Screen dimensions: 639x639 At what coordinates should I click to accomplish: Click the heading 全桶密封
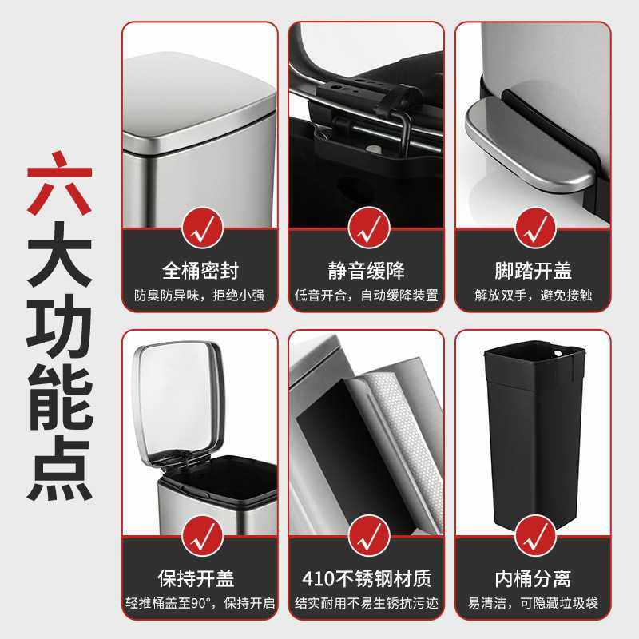[x=200, y=270]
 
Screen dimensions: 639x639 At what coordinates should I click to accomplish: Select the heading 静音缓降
[x=367, y=270]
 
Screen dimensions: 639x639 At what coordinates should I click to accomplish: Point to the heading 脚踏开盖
[x=533, y=270]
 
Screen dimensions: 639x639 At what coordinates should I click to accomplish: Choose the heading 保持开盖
[x=200, y=577]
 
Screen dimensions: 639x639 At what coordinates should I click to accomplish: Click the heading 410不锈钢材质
[x=367, y=577]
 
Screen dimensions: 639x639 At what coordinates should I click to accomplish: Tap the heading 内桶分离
[x=533, y=577]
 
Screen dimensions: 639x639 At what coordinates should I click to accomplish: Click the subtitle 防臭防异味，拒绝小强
[x=200, y=296]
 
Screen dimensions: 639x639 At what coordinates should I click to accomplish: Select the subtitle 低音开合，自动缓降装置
[x=367, y=296]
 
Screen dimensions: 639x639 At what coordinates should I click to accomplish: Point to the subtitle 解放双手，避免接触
[x=533, y=296]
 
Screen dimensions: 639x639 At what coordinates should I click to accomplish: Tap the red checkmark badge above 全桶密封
[x=200, y=227]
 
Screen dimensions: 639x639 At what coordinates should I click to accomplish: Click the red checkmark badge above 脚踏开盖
[x=533, y=227]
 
